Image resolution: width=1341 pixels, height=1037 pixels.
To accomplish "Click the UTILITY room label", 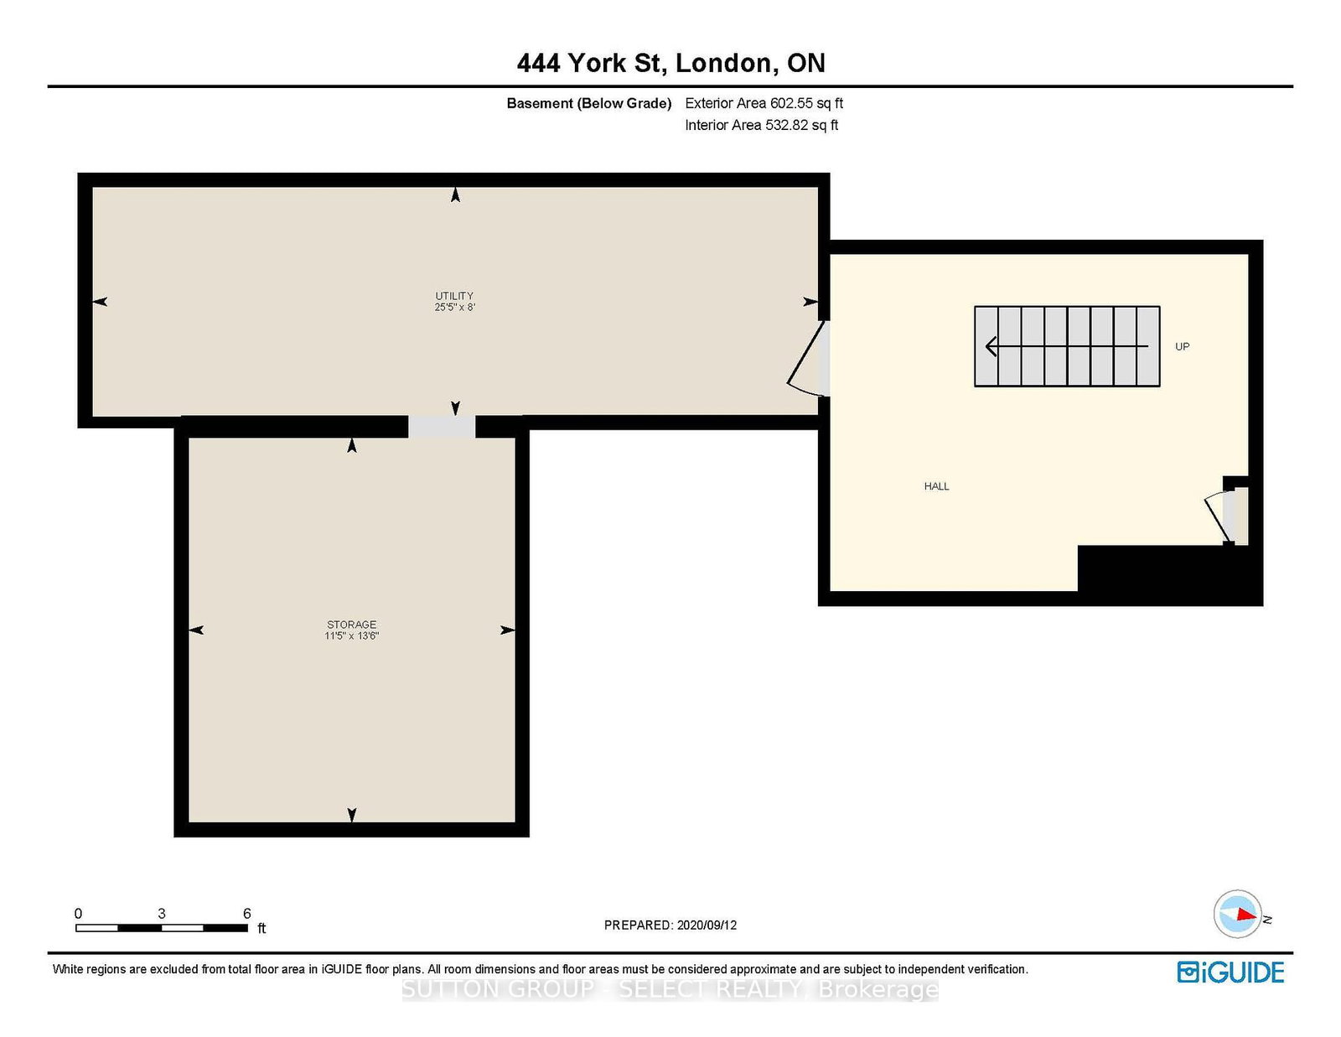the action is pyautogui.click(x=454, y=296).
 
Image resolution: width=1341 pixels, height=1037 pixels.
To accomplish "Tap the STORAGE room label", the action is pyautogui.click(x=352, y=624).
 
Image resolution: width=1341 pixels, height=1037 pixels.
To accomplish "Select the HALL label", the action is pyautogui.click(x=936, y=486).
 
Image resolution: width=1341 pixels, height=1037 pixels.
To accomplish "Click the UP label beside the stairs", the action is pyautogui.click(x=1182, y=346).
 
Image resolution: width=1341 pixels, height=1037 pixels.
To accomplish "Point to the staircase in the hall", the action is pyautogui.click(x=1067, y=346).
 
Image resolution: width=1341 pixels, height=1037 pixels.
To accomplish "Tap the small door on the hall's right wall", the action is pyautogui.click(x=1227, y=516).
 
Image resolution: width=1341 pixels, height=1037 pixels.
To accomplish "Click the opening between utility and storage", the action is pyautogui.click(x=442, y=427).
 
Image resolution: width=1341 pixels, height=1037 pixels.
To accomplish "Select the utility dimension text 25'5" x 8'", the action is pyautogui.click(x=454, y=307).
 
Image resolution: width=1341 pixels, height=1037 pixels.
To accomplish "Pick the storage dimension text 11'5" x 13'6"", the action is pyautogui.click(x=352, y=635).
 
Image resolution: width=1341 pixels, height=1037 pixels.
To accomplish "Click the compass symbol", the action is pyautogui.click(x=1238, y=914).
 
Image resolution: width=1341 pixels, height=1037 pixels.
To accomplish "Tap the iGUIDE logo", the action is pyautogui.click(x=1230, y=972).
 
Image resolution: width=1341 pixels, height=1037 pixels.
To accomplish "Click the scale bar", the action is pyautogui.click(x=162, y=928).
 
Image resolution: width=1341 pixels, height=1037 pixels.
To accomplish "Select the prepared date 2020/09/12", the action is pyautogui.click(x=707, y=925).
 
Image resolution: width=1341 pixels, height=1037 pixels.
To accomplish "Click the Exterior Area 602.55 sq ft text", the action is pyautogui.click(x=764, y=103).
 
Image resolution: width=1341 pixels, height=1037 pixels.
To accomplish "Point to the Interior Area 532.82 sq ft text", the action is pyautogui.click(x=762, y=125).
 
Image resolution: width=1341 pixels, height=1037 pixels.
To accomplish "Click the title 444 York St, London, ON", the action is pyautogui.click(x=670, y=63).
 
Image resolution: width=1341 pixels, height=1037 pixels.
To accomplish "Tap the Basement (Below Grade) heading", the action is pyautogui.click(x=588, y=103).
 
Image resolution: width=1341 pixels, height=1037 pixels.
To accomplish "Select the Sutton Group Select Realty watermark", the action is pyautogui.click(x=670, y=989).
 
